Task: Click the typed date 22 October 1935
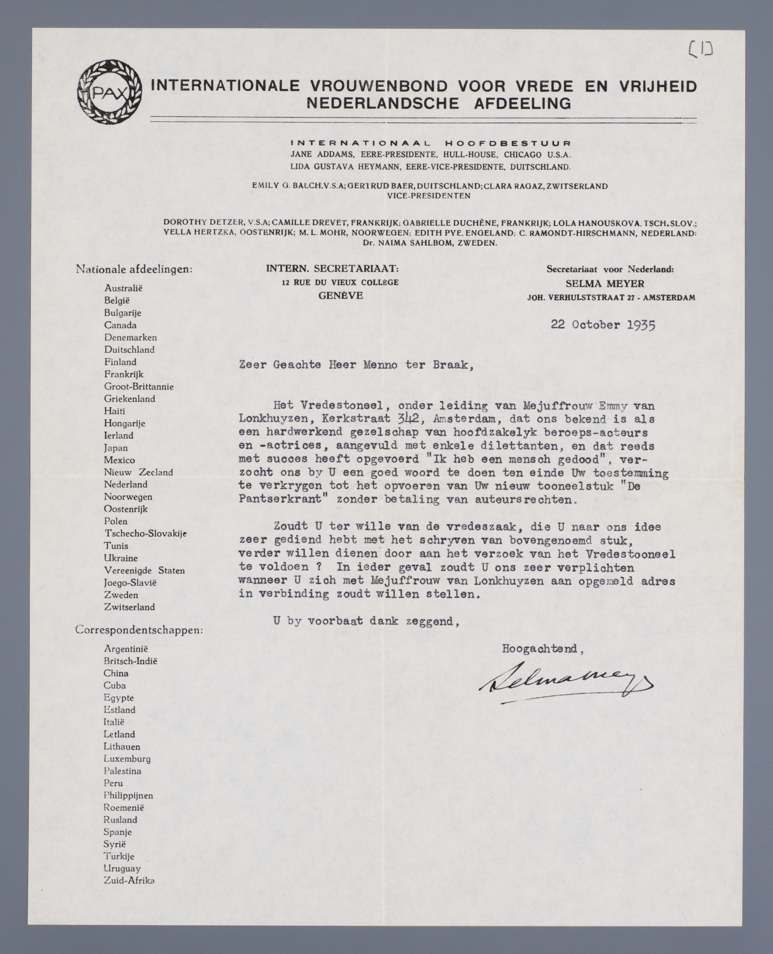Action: point(603,324)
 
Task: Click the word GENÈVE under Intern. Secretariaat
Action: point(341,295)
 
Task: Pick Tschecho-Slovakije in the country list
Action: point(145,533)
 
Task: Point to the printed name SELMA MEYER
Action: point(605,283)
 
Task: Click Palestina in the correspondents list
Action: point(123,771)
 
